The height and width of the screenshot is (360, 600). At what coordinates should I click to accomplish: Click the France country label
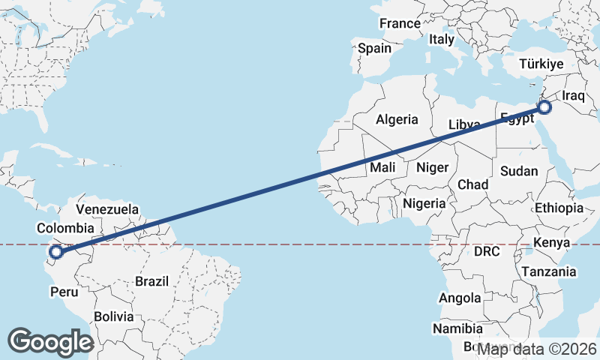400,23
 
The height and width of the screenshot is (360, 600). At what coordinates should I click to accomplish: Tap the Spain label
374,48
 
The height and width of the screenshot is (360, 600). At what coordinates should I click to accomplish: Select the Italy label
442,39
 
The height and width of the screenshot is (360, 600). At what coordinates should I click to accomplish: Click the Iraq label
573,96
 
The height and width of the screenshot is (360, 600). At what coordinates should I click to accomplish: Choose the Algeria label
397,119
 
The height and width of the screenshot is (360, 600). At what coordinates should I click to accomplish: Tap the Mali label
382,168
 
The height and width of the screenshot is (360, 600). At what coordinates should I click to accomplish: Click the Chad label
472,184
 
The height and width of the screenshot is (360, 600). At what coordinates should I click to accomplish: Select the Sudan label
519,171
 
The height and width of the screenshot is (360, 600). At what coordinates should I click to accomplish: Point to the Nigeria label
424,203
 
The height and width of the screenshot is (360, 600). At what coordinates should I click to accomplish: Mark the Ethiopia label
559,208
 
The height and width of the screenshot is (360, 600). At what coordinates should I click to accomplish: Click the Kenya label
552,242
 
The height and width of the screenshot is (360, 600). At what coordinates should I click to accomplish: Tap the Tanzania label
549,271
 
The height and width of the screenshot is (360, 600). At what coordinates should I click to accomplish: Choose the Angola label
460,298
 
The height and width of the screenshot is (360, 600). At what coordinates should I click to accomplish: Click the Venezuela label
107,208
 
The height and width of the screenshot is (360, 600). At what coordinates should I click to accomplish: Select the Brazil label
152,281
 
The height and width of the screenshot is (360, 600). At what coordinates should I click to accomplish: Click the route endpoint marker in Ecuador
55,253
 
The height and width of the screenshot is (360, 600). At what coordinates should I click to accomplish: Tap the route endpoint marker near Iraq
544,107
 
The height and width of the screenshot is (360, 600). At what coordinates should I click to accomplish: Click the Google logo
50,342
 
